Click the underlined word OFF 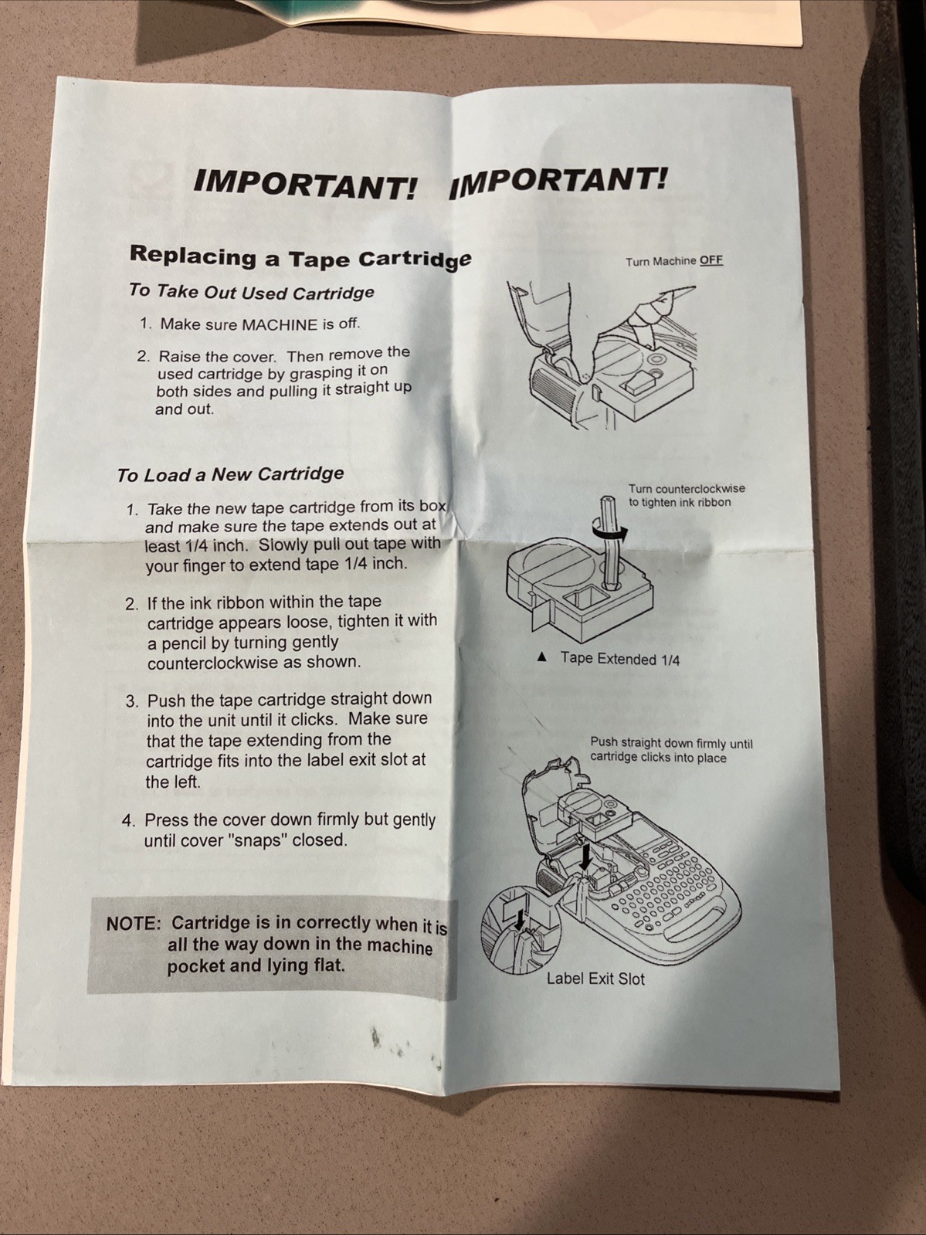711,260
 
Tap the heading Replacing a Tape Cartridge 300,256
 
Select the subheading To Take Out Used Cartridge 252,291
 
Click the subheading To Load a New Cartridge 230,474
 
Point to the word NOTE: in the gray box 134,924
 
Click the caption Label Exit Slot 595,979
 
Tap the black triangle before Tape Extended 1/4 541,656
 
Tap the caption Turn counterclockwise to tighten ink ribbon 687,495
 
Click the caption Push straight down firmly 671,750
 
